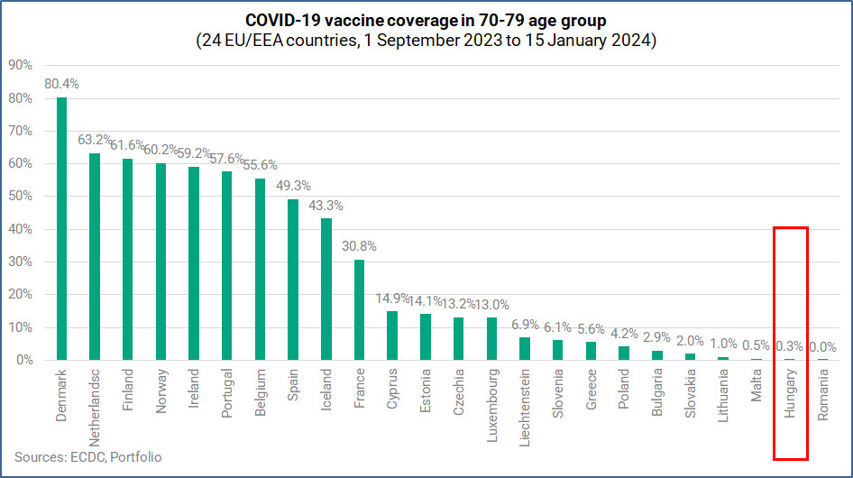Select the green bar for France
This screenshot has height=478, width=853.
pyautogui.click(x=359, y=309)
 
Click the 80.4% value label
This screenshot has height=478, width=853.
pyautogui.click(x=61, y=84)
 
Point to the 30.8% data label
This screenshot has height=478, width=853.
pyautogui.click(x=359, y=246)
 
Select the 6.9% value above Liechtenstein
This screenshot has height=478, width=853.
pyautogui.click(x=525, y=324)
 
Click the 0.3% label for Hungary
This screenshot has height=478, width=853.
pyautogui.click(x=790, y=345)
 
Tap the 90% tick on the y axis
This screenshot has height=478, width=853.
pyautogui.click(x=21, y=65)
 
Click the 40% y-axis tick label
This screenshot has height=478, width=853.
pyautogui.click(x=21, y=229)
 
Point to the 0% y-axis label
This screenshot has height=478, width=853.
pyautogui.click(x=24, y=360)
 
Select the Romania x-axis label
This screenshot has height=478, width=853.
pyautogui.click(x=823, y=396)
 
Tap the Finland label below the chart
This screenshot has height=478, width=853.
pyautogui.click(x=128, y=390)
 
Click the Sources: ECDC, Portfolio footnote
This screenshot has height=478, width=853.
pyautogui.click(x=88, y=457)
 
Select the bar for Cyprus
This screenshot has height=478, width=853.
pyautogui.click(x=392, y=336)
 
